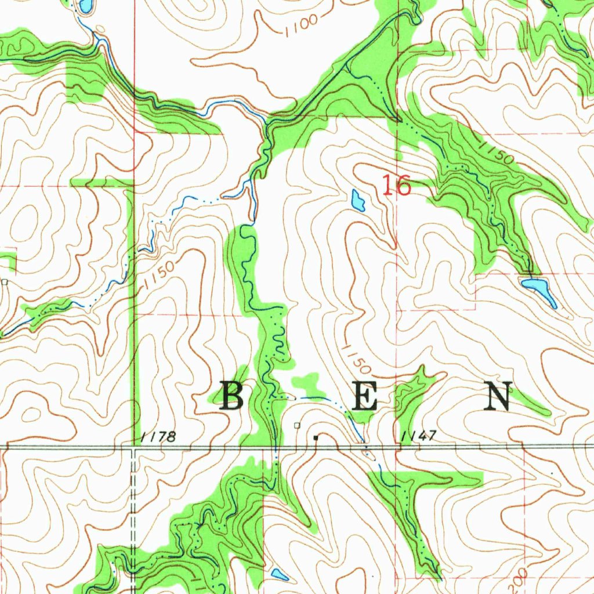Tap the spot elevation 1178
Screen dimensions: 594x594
point(158,437)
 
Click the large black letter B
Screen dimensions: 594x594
point(231,397)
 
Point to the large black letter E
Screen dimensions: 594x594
point(364,397)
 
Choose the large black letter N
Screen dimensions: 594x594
point(498,397)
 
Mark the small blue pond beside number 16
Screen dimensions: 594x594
point(358,201)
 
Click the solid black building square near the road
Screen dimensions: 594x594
point(316,437)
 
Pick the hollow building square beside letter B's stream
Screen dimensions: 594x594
point(298,425)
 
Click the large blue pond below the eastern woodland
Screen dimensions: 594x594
point(538,288)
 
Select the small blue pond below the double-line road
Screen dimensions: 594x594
point(280,575)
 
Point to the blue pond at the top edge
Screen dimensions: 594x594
point(85,6)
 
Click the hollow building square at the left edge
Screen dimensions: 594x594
point(5,282)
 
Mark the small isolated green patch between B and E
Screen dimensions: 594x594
point(306,383)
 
